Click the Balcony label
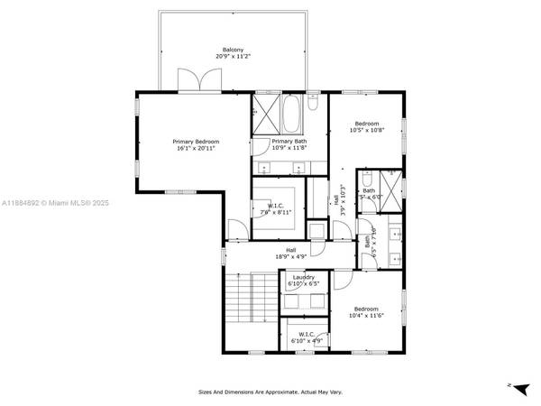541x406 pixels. click(234, 50)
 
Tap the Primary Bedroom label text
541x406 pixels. click(196, 142)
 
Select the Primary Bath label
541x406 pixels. click(289, 142)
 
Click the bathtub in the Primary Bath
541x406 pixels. click(291, 115)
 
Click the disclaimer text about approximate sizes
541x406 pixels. click(270, 392)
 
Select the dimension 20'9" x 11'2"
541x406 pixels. click(234, 56)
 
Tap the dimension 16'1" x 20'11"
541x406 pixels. click(196, 148)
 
